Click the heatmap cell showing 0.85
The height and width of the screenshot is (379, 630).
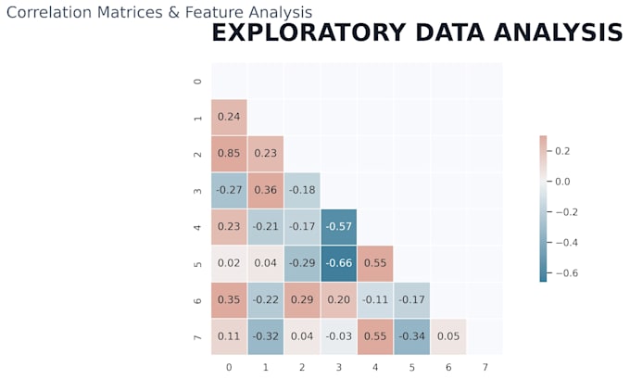point(229,154)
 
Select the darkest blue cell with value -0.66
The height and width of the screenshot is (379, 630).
point(339,263)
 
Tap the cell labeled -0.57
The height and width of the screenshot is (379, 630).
point(339,227)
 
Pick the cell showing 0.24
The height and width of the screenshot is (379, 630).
point(229,117)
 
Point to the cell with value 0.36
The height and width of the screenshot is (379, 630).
point(266,190)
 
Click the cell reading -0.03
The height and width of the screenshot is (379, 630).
point(339,336)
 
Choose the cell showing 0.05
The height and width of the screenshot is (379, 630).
point(448,336)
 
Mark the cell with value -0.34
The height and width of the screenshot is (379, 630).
point(412,336)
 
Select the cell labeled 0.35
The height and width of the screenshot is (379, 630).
point(229,300)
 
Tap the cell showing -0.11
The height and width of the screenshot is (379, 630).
point(375,300)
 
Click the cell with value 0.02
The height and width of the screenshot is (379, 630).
point(229,263)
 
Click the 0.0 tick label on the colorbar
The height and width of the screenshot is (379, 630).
point(562,182)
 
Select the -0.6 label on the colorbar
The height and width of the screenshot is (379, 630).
point(566,273)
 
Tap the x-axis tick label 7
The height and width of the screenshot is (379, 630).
point(485,367)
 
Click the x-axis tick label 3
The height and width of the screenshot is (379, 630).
point(339,367)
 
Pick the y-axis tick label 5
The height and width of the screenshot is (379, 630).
point(197,264)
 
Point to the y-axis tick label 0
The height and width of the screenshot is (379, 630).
point(197,82)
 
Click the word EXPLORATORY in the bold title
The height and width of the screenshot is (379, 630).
point(309,32)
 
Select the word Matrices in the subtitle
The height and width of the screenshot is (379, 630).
point(130,12)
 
